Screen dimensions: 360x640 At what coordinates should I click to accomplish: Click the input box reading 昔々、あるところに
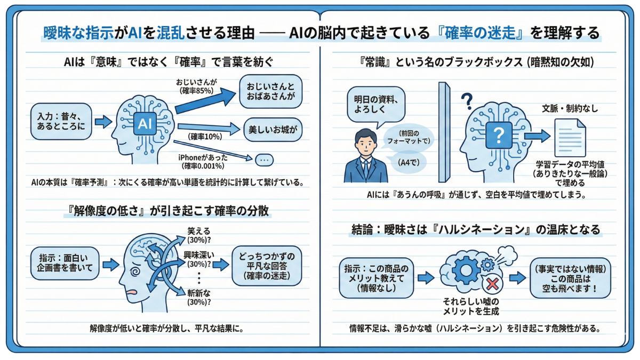61,121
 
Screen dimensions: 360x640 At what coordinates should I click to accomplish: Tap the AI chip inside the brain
145,123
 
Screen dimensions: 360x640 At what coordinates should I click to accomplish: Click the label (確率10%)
205,137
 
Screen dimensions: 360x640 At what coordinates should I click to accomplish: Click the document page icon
570,137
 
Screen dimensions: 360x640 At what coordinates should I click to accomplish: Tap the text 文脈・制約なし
570,109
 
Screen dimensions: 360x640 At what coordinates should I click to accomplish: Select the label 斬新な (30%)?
198,298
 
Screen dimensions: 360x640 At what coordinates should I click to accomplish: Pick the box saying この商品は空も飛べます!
570,277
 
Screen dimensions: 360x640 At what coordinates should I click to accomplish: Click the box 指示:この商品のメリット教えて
377,278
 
